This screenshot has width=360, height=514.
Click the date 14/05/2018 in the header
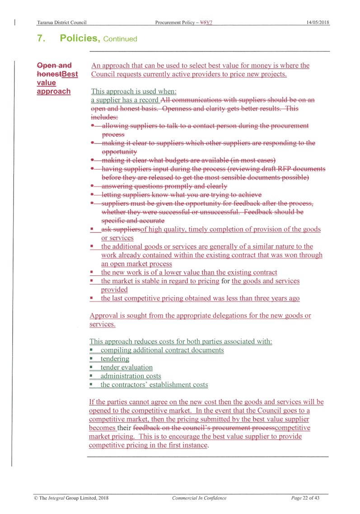318,22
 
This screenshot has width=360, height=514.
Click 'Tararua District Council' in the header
62,22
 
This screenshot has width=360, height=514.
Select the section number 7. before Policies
41,38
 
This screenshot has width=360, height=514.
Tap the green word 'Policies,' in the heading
80,38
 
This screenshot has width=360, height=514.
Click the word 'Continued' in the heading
120,39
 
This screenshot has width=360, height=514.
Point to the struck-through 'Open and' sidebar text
54,65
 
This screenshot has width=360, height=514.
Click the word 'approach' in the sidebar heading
53,92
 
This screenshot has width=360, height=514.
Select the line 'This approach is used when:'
134,91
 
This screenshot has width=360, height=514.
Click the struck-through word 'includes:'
104,117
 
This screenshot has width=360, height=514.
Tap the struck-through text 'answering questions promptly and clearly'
164,186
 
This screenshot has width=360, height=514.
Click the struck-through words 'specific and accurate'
133,221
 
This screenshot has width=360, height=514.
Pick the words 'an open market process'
136,264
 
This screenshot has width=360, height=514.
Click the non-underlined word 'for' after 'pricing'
225,281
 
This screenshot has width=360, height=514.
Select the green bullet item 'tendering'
115,359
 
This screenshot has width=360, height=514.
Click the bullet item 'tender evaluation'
126,367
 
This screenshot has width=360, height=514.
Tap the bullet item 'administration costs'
131,376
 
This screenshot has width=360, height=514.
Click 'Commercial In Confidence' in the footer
199,498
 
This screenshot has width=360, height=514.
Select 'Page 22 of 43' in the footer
305,498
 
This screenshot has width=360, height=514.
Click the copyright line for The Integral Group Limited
71,498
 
